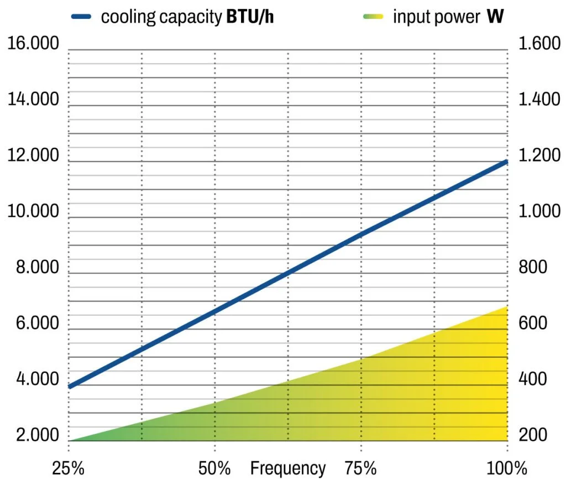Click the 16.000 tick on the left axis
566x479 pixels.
tap(33, 44)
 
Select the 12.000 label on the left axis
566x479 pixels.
tap(33, 155)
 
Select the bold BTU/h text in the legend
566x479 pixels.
tap(250, 17)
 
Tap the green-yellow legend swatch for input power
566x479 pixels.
tap(373, 17)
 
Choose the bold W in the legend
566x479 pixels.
tap(496, 17)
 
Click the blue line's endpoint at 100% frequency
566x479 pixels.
tap(506, 162)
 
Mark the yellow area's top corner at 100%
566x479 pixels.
tap(506, 307)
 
